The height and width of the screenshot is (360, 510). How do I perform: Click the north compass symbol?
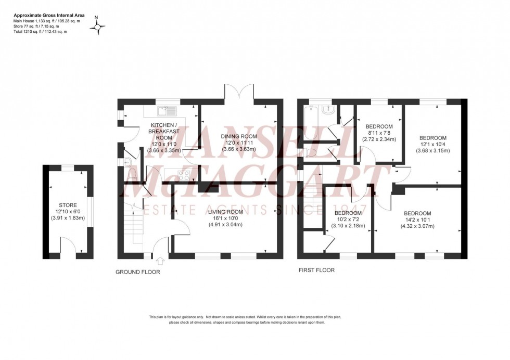point(97,25)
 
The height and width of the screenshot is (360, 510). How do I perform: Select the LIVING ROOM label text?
point(225,212)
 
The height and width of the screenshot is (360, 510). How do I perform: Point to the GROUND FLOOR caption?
point(138,272)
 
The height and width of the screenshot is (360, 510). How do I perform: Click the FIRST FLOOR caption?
point(316,270)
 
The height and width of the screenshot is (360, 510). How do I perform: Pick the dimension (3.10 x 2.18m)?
point(347,226)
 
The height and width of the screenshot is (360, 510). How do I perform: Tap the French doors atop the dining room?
point(240,94)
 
